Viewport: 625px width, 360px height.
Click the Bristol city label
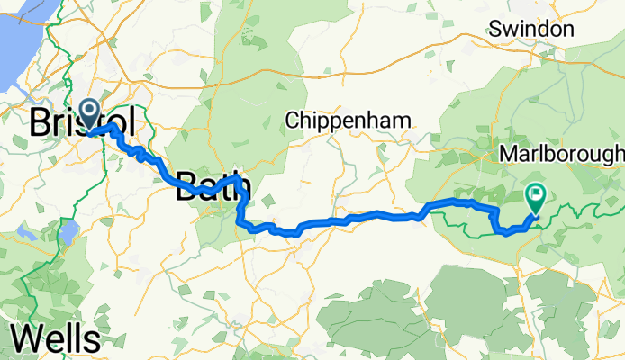pos(83,122)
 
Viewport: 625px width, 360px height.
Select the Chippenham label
pos(348,120)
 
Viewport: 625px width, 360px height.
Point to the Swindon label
pos(531,30)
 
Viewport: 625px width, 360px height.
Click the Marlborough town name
pos(561,154)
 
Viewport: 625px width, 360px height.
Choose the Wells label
pos(56,339)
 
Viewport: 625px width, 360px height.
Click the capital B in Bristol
pos(40,122)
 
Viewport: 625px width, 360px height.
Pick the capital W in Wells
pos(26,339)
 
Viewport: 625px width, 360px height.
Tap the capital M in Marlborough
pos(507,154)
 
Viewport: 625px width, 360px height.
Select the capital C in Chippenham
pos(292,120)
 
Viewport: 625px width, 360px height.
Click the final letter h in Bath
pos(241,186)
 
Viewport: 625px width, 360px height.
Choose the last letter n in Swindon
pos(568,30)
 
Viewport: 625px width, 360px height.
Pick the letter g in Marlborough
pos(605,156)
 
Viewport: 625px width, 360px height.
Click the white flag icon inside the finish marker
pos(537,192)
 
